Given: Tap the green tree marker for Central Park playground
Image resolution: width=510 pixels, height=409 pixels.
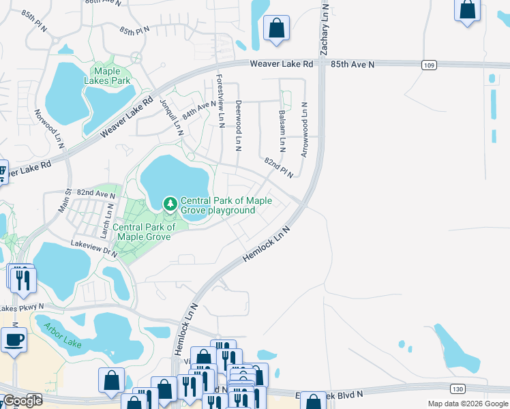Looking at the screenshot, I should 170,203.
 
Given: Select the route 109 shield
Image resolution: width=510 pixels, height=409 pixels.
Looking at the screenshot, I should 428,65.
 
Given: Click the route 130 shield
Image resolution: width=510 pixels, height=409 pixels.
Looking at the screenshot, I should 457,389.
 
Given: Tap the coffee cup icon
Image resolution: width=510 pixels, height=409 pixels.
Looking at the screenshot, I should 14,339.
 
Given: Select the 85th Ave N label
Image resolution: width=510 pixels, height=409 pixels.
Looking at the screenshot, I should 353,64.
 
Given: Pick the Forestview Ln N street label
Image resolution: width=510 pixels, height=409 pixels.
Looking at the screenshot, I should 220,100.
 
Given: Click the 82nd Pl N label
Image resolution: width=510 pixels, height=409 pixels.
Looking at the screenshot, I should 278,166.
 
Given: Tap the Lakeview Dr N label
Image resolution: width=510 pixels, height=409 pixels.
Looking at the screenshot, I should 95,247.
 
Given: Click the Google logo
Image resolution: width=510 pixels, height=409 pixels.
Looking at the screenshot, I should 22,400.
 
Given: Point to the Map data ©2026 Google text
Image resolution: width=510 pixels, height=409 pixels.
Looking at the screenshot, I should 467,404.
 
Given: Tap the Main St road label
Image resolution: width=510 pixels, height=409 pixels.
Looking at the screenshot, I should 64,202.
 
